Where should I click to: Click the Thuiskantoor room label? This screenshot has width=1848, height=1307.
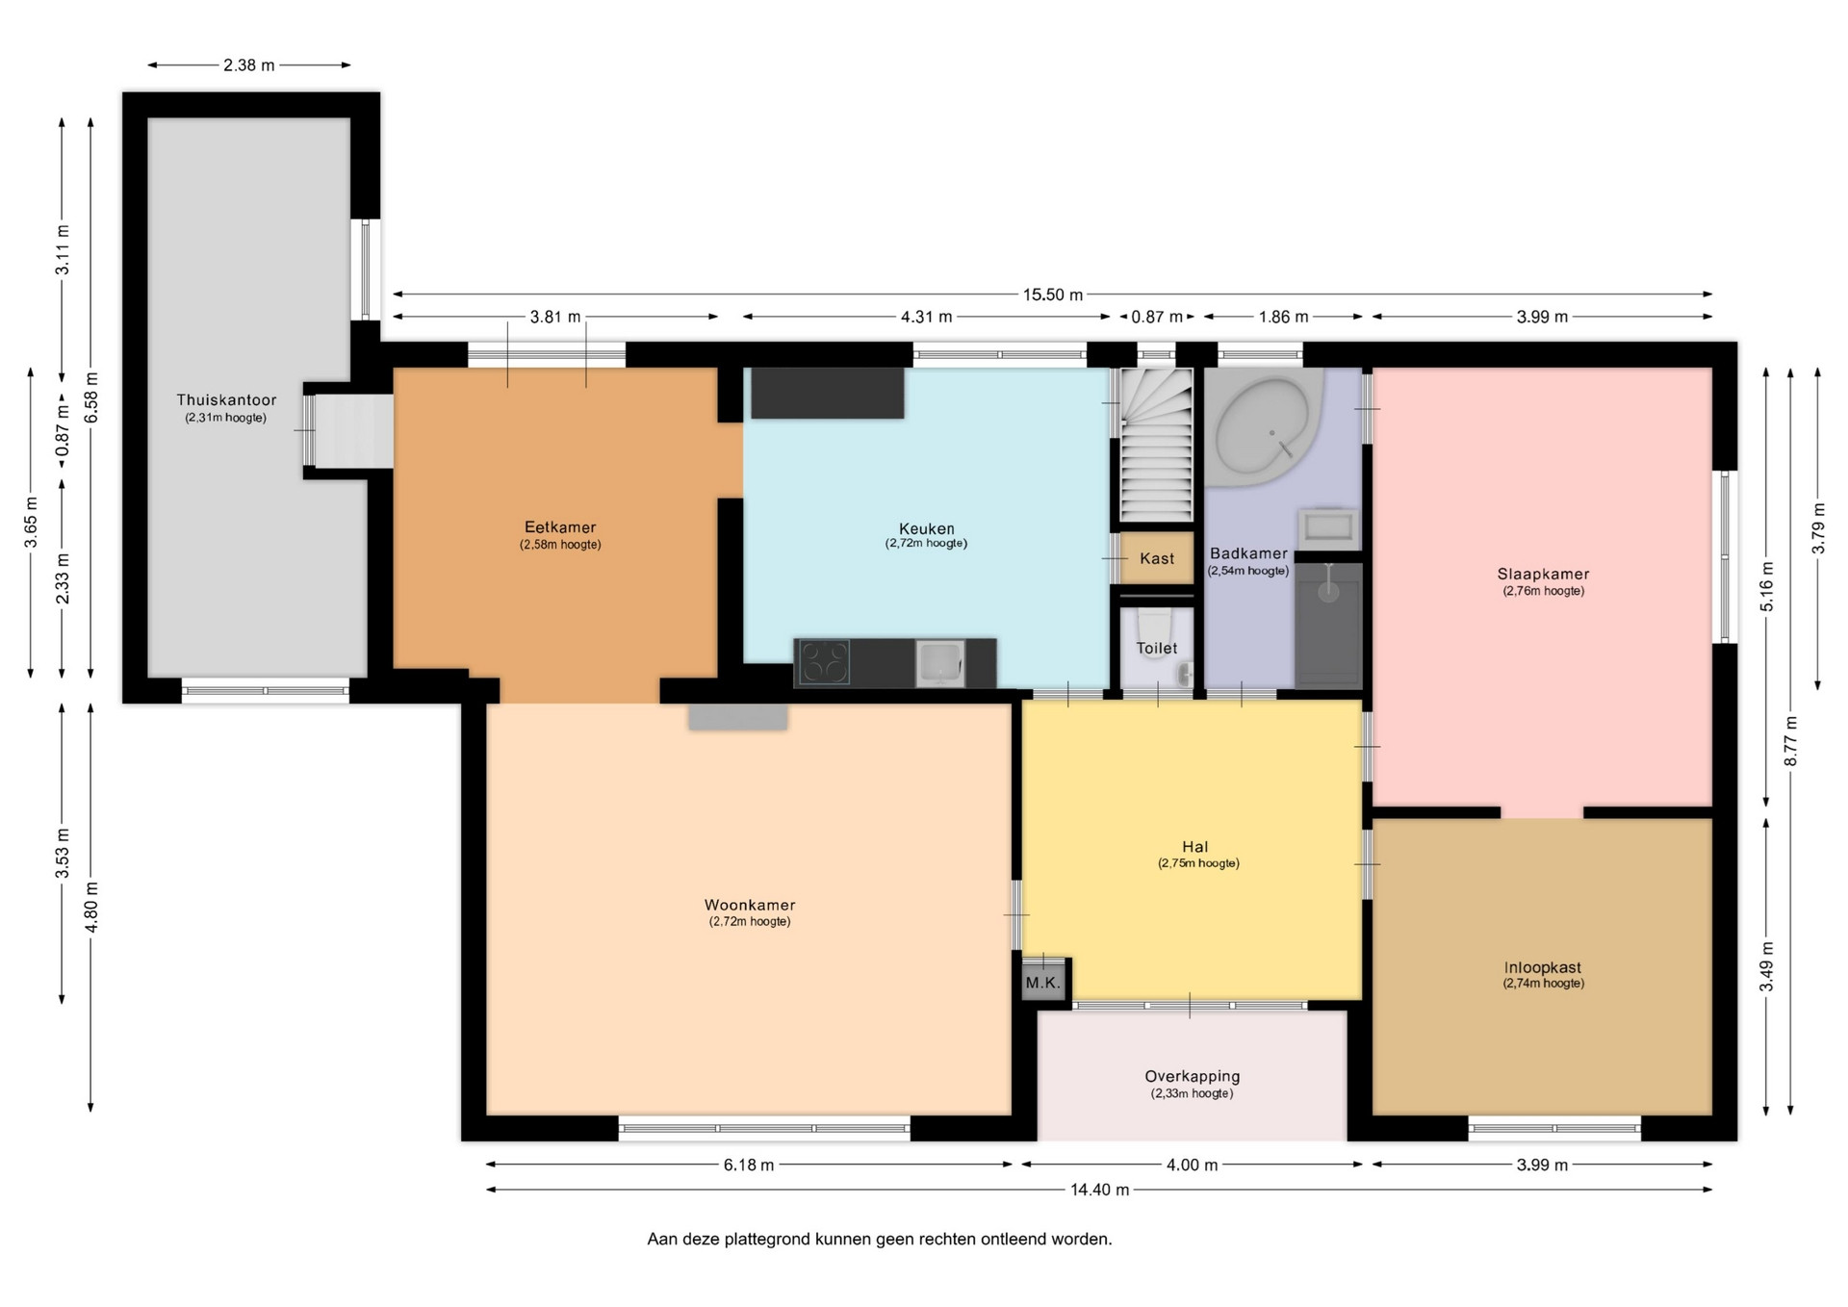[226, 399]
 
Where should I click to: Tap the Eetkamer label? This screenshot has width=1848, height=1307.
[560, 526]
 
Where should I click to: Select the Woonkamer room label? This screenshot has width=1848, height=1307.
[750, 905]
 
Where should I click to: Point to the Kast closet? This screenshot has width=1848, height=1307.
[1157, 558]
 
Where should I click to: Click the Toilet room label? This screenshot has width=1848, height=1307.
[1157, 648]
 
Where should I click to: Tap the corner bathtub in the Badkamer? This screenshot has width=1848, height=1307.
[1264, 429]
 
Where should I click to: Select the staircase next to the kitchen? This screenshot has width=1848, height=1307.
[1156, 446]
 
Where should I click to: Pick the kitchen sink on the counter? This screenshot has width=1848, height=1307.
[940, 663]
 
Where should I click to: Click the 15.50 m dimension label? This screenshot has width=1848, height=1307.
[1053, 295]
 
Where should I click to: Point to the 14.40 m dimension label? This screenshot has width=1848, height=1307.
[1100, 1190]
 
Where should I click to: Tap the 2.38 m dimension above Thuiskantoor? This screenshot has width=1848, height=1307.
[249, 65]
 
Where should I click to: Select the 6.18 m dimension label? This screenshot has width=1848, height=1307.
[749, 1165]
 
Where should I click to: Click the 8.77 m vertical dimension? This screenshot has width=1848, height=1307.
[1790, 741]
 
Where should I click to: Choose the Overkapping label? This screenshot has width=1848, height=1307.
[1192, 1076]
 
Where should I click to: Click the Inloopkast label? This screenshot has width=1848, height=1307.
[1543, 967]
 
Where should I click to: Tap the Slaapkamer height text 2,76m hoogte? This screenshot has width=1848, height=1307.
[1544, 591]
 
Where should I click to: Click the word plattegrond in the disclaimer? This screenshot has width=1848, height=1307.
[769, 1240]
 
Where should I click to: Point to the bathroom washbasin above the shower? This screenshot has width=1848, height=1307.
[1328, 528]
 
